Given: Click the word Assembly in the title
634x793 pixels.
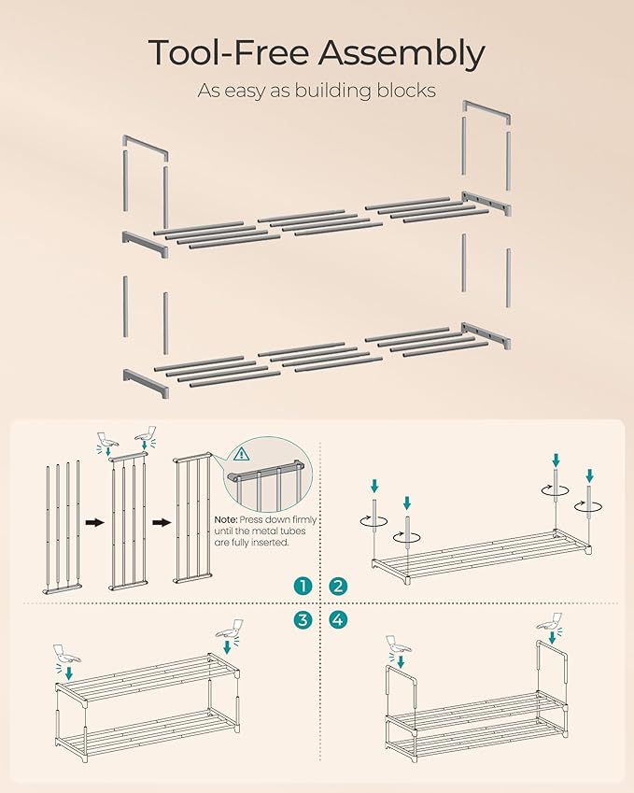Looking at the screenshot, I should [x=402, y=54].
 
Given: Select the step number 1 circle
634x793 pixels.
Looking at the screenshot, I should [x=302, y=586].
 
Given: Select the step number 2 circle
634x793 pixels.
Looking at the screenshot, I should [x=337, y=586].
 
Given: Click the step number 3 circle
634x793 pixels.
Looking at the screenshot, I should [x=302, y=618].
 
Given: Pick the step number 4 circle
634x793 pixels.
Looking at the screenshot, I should [x=337, y=618].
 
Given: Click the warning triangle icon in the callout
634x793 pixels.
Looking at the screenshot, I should [x=243, y=455].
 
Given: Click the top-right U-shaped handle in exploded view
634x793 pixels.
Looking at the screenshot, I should [x=486, y=112].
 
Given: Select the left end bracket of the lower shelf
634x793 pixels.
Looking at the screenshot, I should [x=146, y=382].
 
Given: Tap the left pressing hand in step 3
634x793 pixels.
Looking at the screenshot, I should [x=67, y=653].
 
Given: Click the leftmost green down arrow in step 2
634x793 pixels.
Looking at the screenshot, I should [x=374, y=485].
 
